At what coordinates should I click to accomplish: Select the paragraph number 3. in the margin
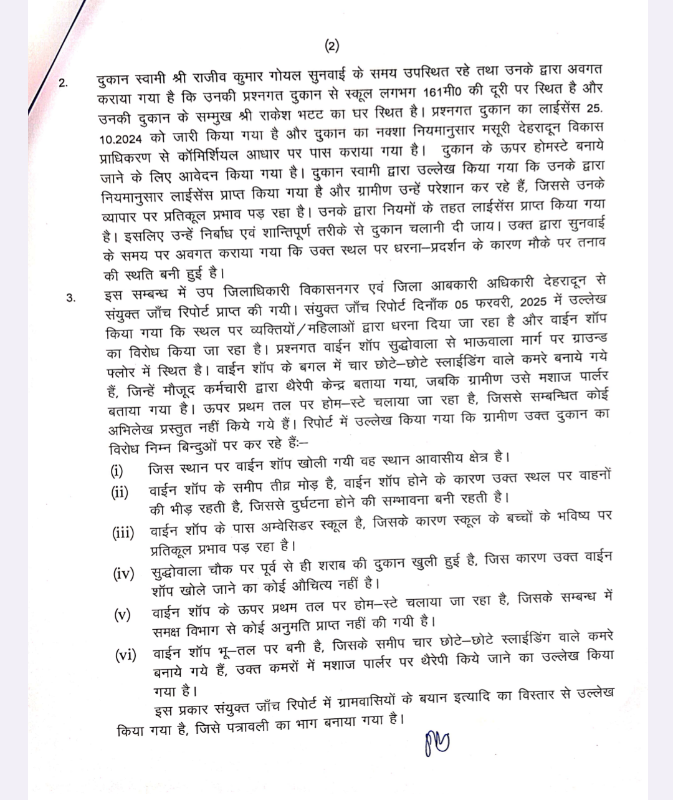[72, 298]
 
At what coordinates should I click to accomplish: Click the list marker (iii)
[123, 533]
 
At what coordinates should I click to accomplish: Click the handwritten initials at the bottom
[436, 742]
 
